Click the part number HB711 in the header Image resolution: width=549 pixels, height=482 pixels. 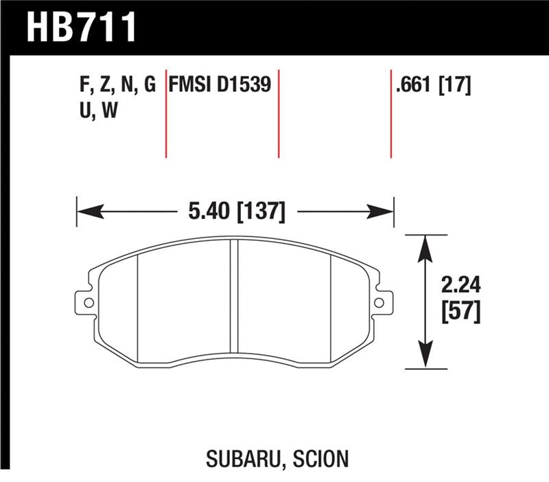(x=82, y=27)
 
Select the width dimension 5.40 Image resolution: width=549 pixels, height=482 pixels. (x=206, y=210)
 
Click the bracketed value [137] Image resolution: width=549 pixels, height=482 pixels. (x=260, y=210)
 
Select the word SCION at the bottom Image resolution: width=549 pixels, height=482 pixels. (x=318, y=457)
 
